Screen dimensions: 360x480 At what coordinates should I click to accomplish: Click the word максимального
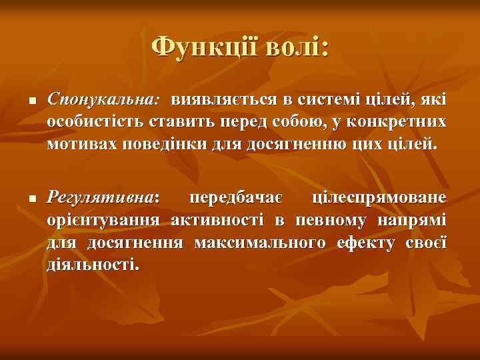click(260, 242)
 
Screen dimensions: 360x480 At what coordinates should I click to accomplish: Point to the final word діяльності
click(93, 264)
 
